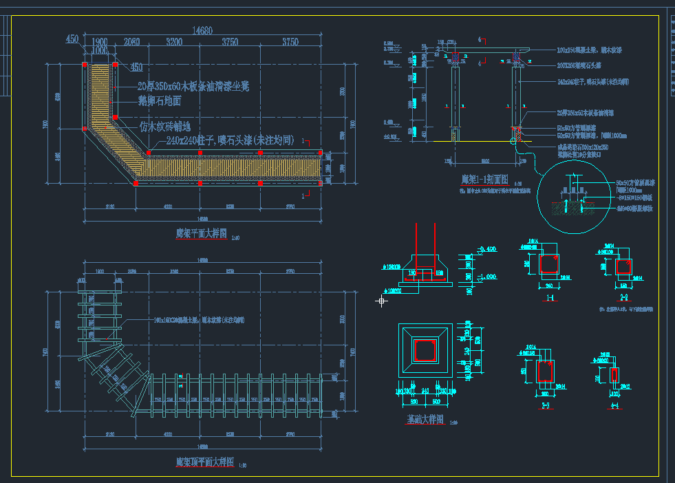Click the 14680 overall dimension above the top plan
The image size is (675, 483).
pos(202,30)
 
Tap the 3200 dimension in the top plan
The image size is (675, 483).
pos(174,42)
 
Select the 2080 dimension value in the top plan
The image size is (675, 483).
pos(131,42)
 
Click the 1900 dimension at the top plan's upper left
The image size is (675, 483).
pos(99,41)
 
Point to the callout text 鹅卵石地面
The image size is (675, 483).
pos(159,101)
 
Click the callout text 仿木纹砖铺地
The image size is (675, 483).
pos(167,127)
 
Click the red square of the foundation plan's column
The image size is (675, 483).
pos(425,350)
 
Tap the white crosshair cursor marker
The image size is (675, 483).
pos(381,301)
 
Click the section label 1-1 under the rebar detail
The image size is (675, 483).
pos(550,298)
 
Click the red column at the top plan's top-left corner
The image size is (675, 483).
pos(85,65)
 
